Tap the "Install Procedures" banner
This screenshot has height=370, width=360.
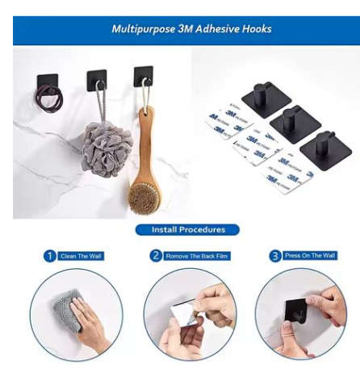(x=189, y=229)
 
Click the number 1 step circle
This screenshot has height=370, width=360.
(x=50, y=256)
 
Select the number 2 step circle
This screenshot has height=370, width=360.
(x=156, y=256)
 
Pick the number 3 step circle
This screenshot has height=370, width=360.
(x=274, y=256)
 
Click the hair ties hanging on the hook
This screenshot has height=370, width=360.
(x=48, y=102)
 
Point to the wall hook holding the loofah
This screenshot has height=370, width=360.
(x=97, y=78)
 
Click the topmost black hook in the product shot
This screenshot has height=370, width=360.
(x=262, y=98)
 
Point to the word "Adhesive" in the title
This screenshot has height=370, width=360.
(x=207, y=29)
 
